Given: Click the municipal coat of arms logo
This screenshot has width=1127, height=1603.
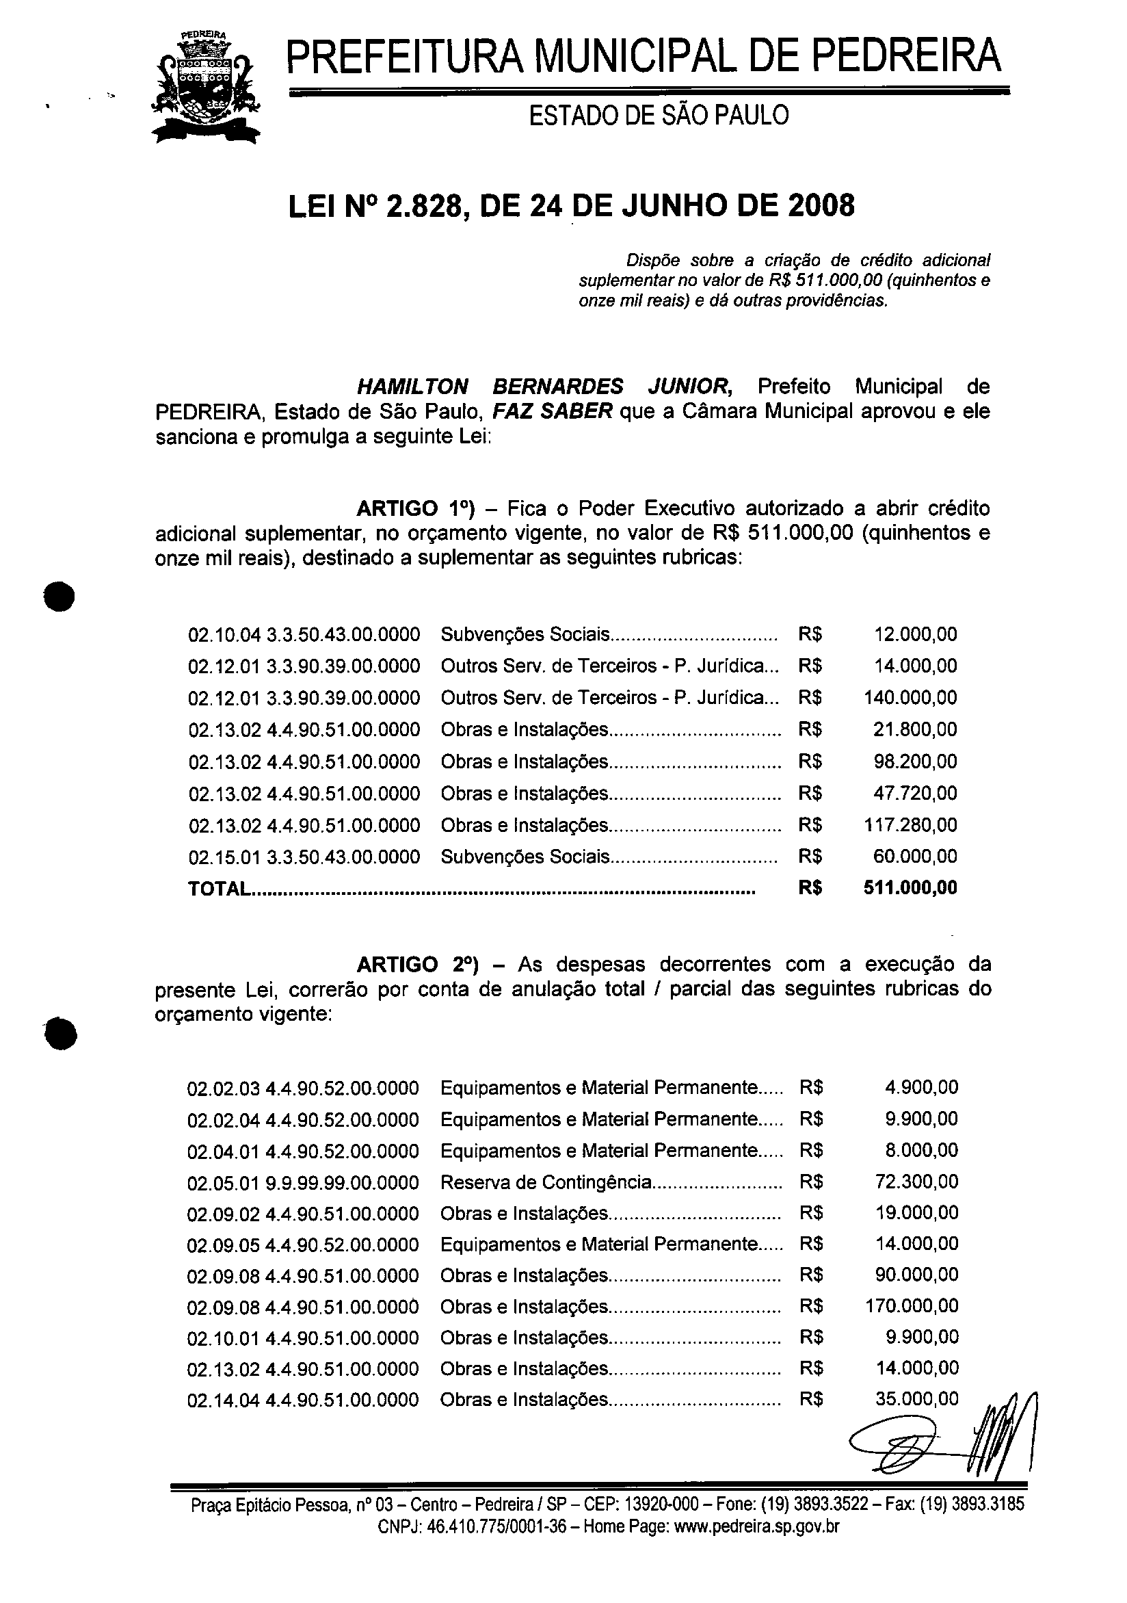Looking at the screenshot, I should [206, 89].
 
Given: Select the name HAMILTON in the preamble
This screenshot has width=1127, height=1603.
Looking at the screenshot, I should [412, 386].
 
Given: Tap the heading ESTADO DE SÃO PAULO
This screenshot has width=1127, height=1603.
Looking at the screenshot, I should [658, 116].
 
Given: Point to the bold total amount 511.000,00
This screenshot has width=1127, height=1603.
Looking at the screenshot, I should [910, 888].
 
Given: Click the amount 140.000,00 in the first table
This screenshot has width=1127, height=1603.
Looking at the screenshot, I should [910, 697].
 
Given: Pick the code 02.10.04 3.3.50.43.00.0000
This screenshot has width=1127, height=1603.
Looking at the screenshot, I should [304, 635].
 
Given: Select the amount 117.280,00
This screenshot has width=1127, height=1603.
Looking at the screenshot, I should [910, 824].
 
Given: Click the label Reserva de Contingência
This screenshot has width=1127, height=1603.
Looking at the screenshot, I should [546, 1182].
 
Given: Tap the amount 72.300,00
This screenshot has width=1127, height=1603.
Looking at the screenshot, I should [916, 1182].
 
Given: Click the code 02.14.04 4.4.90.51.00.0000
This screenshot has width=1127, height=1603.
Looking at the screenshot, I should [303, 1400].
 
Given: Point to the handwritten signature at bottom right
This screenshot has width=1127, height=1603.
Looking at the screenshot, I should [942, 1438].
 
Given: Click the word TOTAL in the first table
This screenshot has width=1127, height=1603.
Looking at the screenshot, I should [217, 889].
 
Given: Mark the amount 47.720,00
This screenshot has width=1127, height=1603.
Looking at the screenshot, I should [915, 793].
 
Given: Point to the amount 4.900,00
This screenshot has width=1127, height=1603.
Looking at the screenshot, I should [921, 1087].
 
